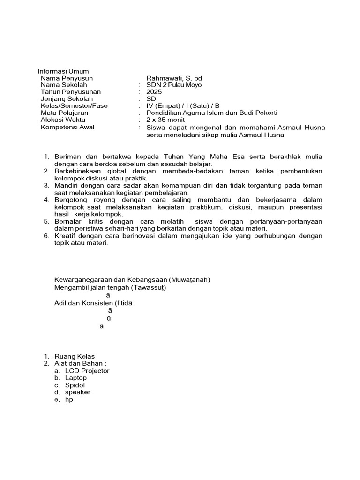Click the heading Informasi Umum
[x=63, y=71]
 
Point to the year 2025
[x=154, y=92]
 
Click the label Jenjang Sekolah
[x=67, y=99]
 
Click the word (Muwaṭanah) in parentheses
[x=188, y=280]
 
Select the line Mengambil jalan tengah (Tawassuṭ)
[x=110, y=287]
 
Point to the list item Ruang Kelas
[x=75, y=357]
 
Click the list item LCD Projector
[x=87, y=371]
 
